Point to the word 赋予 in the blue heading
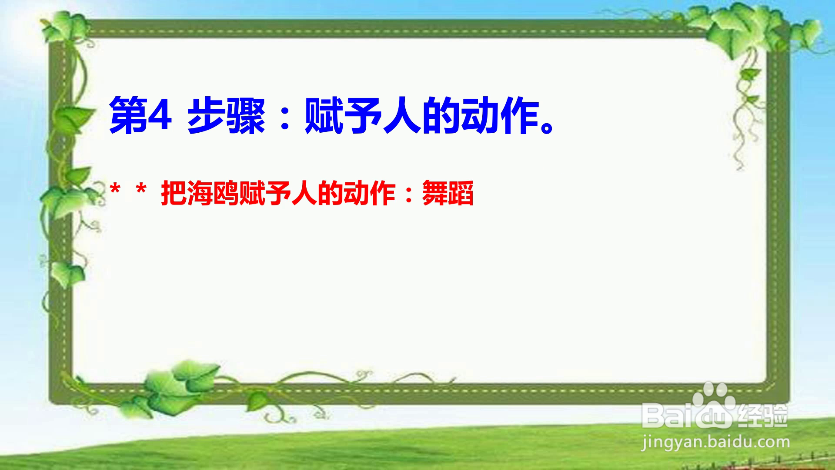(x=344, y=115)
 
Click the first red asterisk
(x=115, y=190)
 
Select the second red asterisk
(x=141, y=190)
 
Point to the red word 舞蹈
(x=448, y=193)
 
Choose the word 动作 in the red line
(x=370, y=193)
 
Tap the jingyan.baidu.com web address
(x=715, y=443)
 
